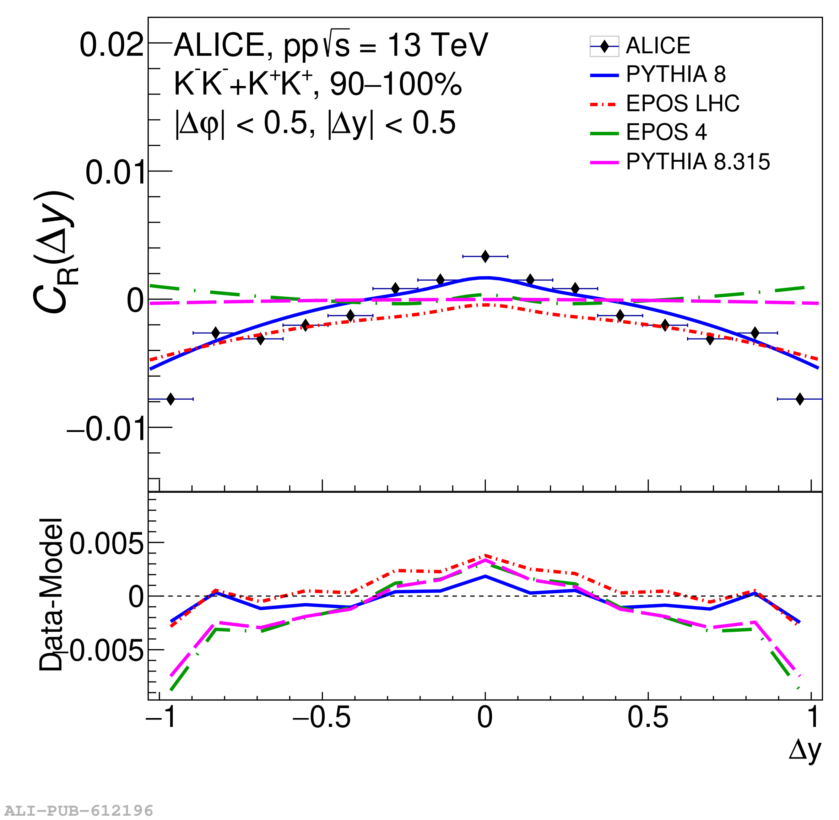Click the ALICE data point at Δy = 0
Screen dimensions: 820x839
click(x=485, y=256)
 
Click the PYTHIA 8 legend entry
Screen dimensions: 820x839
click(x=676, y=75)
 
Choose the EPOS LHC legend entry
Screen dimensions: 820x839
click(x=682, y=103)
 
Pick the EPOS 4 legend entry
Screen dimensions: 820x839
click(x=666, y=132)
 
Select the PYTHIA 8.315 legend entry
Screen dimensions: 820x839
click(x=697, y=162)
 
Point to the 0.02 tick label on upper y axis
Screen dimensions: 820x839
click(x=111, y=45)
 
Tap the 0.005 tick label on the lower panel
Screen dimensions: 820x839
click(x=106, y=544)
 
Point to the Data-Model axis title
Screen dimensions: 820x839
click(x=51, y=594)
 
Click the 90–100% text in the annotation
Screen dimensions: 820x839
click(x=396, y=84)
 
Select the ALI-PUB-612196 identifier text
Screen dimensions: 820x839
click(x=79, y=810)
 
